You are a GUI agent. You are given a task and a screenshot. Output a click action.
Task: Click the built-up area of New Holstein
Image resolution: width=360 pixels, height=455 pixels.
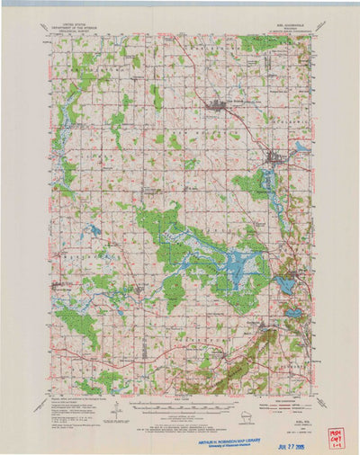point(216,108)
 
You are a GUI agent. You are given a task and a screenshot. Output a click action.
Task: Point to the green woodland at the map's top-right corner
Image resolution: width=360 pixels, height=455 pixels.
point(265,41)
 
